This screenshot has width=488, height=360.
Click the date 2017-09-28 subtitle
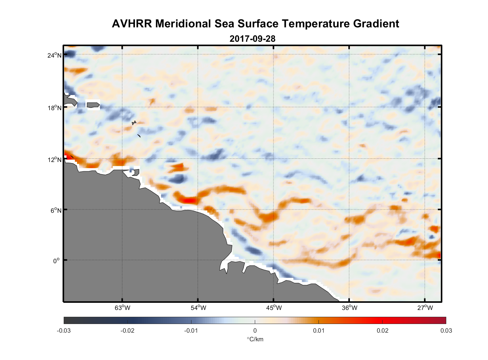[252, 39]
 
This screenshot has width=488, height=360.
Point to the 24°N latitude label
[54, 55]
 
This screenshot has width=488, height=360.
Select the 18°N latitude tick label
[54, 108]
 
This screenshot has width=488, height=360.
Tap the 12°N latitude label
[54, 159]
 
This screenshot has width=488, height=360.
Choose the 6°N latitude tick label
[56, 210]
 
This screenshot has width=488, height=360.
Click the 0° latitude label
[57, 261]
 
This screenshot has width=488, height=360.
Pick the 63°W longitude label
[122, 308]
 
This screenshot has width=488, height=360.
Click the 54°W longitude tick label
[198, 308]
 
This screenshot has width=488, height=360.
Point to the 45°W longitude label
[274, 308]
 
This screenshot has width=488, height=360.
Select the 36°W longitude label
[349, 308]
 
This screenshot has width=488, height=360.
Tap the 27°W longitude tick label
[425, 308]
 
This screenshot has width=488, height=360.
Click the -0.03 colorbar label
[64, 330]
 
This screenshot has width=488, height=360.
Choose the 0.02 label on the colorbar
[382, 330]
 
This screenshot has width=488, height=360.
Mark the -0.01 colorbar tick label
[191, 330]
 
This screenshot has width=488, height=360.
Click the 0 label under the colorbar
[255, 330]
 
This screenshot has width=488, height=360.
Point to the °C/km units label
[255, 339]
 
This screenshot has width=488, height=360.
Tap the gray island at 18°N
[93, 105]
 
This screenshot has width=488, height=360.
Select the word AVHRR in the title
[132, 24]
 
